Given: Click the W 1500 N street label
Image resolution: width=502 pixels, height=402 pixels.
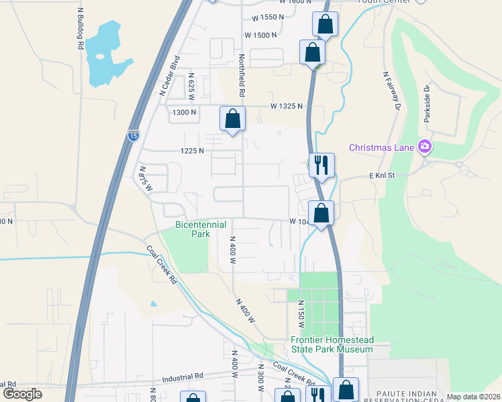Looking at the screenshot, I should point(260,35).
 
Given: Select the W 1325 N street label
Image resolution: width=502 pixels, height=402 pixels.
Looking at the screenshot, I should point(287,107).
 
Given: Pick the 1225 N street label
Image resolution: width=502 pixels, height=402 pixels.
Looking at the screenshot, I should point(191,151).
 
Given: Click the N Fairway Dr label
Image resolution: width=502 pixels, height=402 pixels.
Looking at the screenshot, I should point(391,91).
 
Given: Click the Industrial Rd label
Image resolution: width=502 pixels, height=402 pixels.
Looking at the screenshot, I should point(181,377).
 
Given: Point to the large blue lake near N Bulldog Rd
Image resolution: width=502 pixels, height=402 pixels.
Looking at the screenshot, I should point(107,54).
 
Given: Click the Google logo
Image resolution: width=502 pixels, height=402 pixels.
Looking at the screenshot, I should point(22,393).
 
